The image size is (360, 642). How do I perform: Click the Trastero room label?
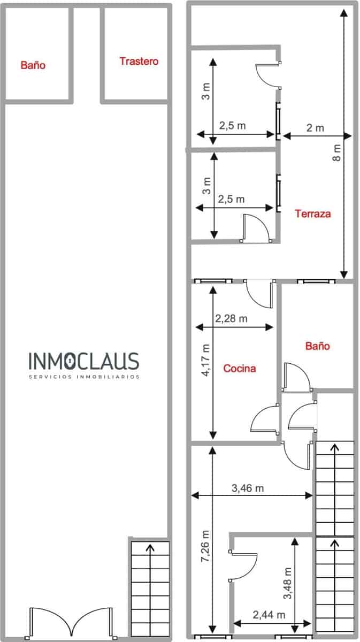(139, 62)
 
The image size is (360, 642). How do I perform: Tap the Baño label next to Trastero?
(33, 65)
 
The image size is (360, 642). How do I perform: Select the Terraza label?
(313, 213)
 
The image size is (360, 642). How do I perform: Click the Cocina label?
(239, 368)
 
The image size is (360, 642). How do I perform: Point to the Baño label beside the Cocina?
(317, 346)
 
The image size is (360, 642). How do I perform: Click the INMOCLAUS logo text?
(83, 362)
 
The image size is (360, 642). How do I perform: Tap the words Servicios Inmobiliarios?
(83, 377)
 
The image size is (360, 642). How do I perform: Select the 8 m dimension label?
(336, 152)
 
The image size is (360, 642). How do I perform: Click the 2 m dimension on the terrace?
(315, 128)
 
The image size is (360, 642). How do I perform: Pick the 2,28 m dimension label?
(231, 319)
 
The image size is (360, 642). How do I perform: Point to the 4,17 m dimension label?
(206, 361)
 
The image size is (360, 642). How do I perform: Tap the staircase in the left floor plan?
(150, 588)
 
